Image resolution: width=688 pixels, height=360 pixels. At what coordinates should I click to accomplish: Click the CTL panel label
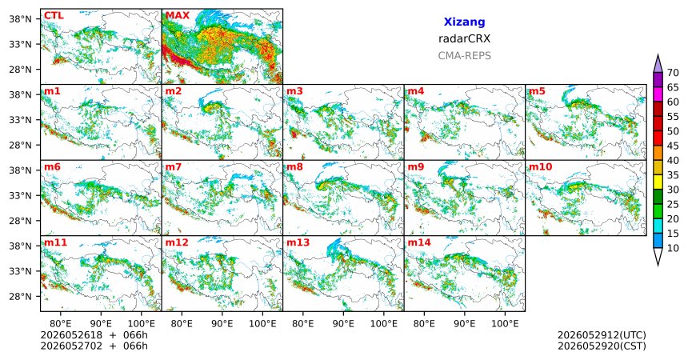click(54, 15)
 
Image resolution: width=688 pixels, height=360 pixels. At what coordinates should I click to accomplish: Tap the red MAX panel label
click(178, 15)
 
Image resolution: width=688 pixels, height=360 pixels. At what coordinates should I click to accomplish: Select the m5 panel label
click(537, 91)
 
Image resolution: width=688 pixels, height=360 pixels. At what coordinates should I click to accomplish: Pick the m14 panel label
click(418, 242)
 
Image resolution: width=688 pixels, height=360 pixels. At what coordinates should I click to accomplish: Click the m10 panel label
click(540, 167)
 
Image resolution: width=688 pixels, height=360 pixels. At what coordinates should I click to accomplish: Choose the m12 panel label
click(176, 242)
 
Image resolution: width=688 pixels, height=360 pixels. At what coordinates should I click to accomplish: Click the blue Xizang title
click(464, 22)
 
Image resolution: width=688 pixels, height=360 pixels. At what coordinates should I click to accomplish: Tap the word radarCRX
click(464, 38)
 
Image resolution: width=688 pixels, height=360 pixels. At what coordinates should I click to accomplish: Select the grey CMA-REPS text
click(464, 56)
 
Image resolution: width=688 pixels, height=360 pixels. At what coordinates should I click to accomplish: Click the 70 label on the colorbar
click(673, 73)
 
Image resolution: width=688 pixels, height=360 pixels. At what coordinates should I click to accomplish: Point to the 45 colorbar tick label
click(673, 146)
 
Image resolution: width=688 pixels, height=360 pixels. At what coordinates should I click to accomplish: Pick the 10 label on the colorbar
click(673, 248)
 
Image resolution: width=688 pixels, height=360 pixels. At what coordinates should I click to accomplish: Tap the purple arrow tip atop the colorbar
click(658, 55)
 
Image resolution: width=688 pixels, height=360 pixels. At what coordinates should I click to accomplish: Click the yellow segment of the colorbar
click(658, 182)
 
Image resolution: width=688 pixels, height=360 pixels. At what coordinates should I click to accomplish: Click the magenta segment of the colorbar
click(658, 94)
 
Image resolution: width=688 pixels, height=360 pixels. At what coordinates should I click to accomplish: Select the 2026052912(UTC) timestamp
click(602, 335)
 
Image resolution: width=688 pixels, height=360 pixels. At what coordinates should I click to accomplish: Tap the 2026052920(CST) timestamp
click(602, 346)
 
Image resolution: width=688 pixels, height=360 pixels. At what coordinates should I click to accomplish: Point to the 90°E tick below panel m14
click(464, 324)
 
